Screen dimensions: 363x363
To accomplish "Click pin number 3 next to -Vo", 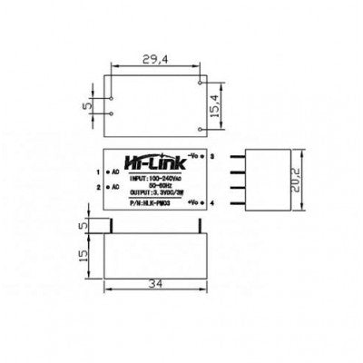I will tap(212, 156).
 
